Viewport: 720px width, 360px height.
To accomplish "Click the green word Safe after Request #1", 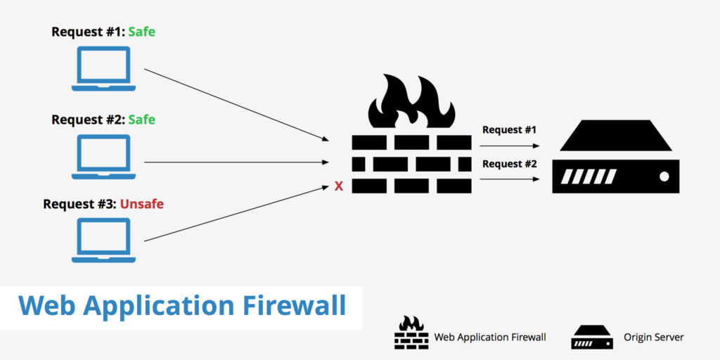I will click(x=141, y=32).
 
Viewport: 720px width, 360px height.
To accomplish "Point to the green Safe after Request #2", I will click(x=141, y=120).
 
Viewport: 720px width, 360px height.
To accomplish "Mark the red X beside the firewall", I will click(x=338, y=187).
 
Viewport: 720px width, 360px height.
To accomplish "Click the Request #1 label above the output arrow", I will click(x=510, y=130).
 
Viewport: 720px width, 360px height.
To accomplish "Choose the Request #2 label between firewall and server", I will click(x=510, y=164).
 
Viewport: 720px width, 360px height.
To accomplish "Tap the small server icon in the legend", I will click(x=593, y=337).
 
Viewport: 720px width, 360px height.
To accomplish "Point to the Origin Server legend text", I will click(x=653, y=337).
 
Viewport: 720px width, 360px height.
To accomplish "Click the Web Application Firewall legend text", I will click(x=489, y=337).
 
